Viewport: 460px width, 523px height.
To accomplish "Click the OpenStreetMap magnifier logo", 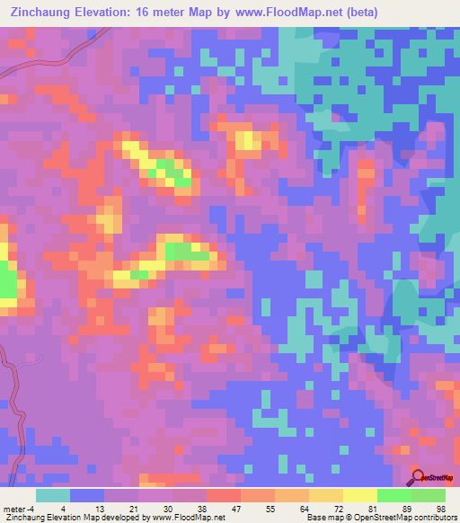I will (417, 477).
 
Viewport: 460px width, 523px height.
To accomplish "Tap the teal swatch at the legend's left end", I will (52, 494).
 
